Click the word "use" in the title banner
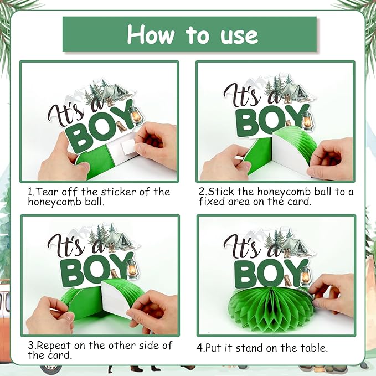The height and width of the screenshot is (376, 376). tap(239, 36)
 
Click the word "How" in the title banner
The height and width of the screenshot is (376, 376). tap(151, 34)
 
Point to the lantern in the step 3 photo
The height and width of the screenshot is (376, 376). tap(132, 269)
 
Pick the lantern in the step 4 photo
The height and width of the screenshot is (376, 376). tap(306, 276)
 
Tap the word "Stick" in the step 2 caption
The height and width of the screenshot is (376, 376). tap(221, 192)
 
